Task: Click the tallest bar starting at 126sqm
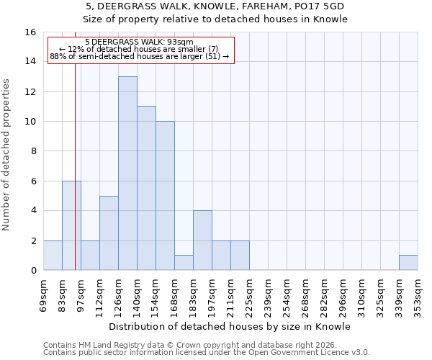[x=127, y=173]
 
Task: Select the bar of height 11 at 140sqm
[x=146, y=188]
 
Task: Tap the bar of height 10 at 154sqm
[x=165, y=196]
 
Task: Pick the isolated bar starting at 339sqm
[x=408, y=263]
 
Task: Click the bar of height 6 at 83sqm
[x=71, y=225]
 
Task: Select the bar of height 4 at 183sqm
[x=202, y=240]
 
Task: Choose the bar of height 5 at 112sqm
[x=109, y=233]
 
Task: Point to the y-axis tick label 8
[x=33, y=151]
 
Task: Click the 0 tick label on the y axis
[x=33, y=271]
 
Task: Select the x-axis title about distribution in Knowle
[x=230, y=326]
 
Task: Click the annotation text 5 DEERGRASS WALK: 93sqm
[x=139, y=42]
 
